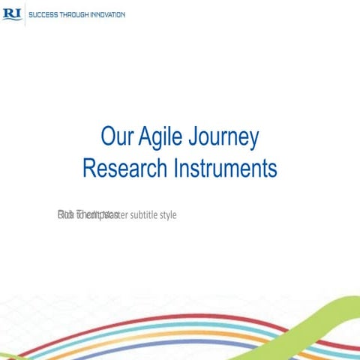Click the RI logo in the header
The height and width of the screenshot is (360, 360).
12,14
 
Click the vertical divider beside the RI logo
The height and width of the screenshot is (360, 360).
25,14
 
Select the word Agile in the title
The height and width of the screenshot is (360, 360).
165,139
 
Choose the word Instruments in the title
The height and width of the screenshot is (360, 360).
224,168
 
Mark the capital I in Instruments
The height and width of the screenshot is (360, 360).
175,168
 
